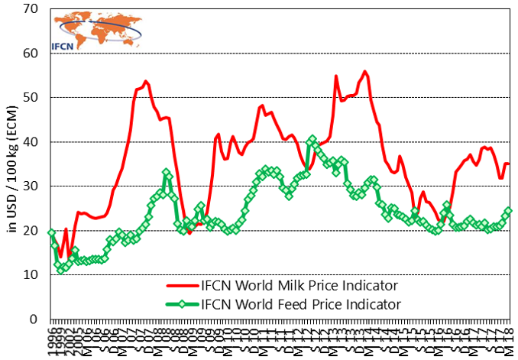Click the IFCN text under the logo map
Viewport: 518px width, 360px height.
click(63, 45)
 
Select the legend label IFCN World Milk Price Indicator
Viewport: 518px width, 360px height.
click(299, 286)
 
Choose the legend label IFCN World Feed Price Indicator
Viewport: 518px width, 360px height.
click(300, 304)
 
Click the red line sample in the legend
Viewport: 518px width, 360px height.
click(182, 286)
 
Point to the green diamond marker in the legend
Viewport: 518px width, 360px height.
click(182, 304)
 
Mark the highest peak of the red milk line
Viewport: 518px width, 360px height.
click(365, 72)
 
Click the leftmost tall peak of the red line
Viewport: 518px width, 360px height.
click(146, 81)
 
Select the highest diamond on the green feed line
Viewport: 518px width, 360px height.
click(312, 139)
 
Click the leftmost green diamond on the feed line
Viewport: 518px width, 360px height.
click(51, 232)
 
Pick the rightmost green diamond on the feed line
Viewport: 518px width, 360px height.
click(509, 211)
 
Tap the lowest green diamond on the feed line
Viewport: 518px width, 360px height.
click(61, 269)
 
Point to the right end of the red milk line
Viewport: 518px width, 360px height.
click(509, 164)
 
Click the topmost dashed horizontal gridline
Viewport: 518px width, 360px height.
click(280, 54)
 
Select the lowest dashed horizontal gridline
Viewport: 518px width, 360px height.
click(280, 274)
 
